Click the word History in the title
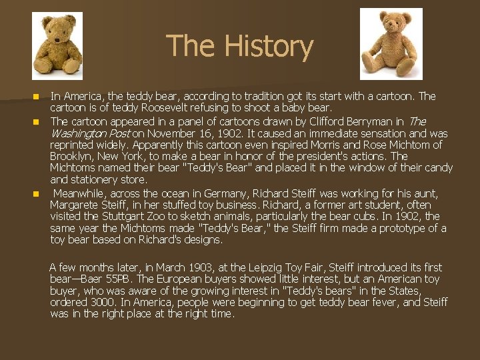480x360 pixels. pos(269,46)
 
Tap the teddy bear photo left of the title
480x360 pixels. pos(57,46)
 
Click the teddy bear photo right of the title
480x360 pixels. pos(391,44)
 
